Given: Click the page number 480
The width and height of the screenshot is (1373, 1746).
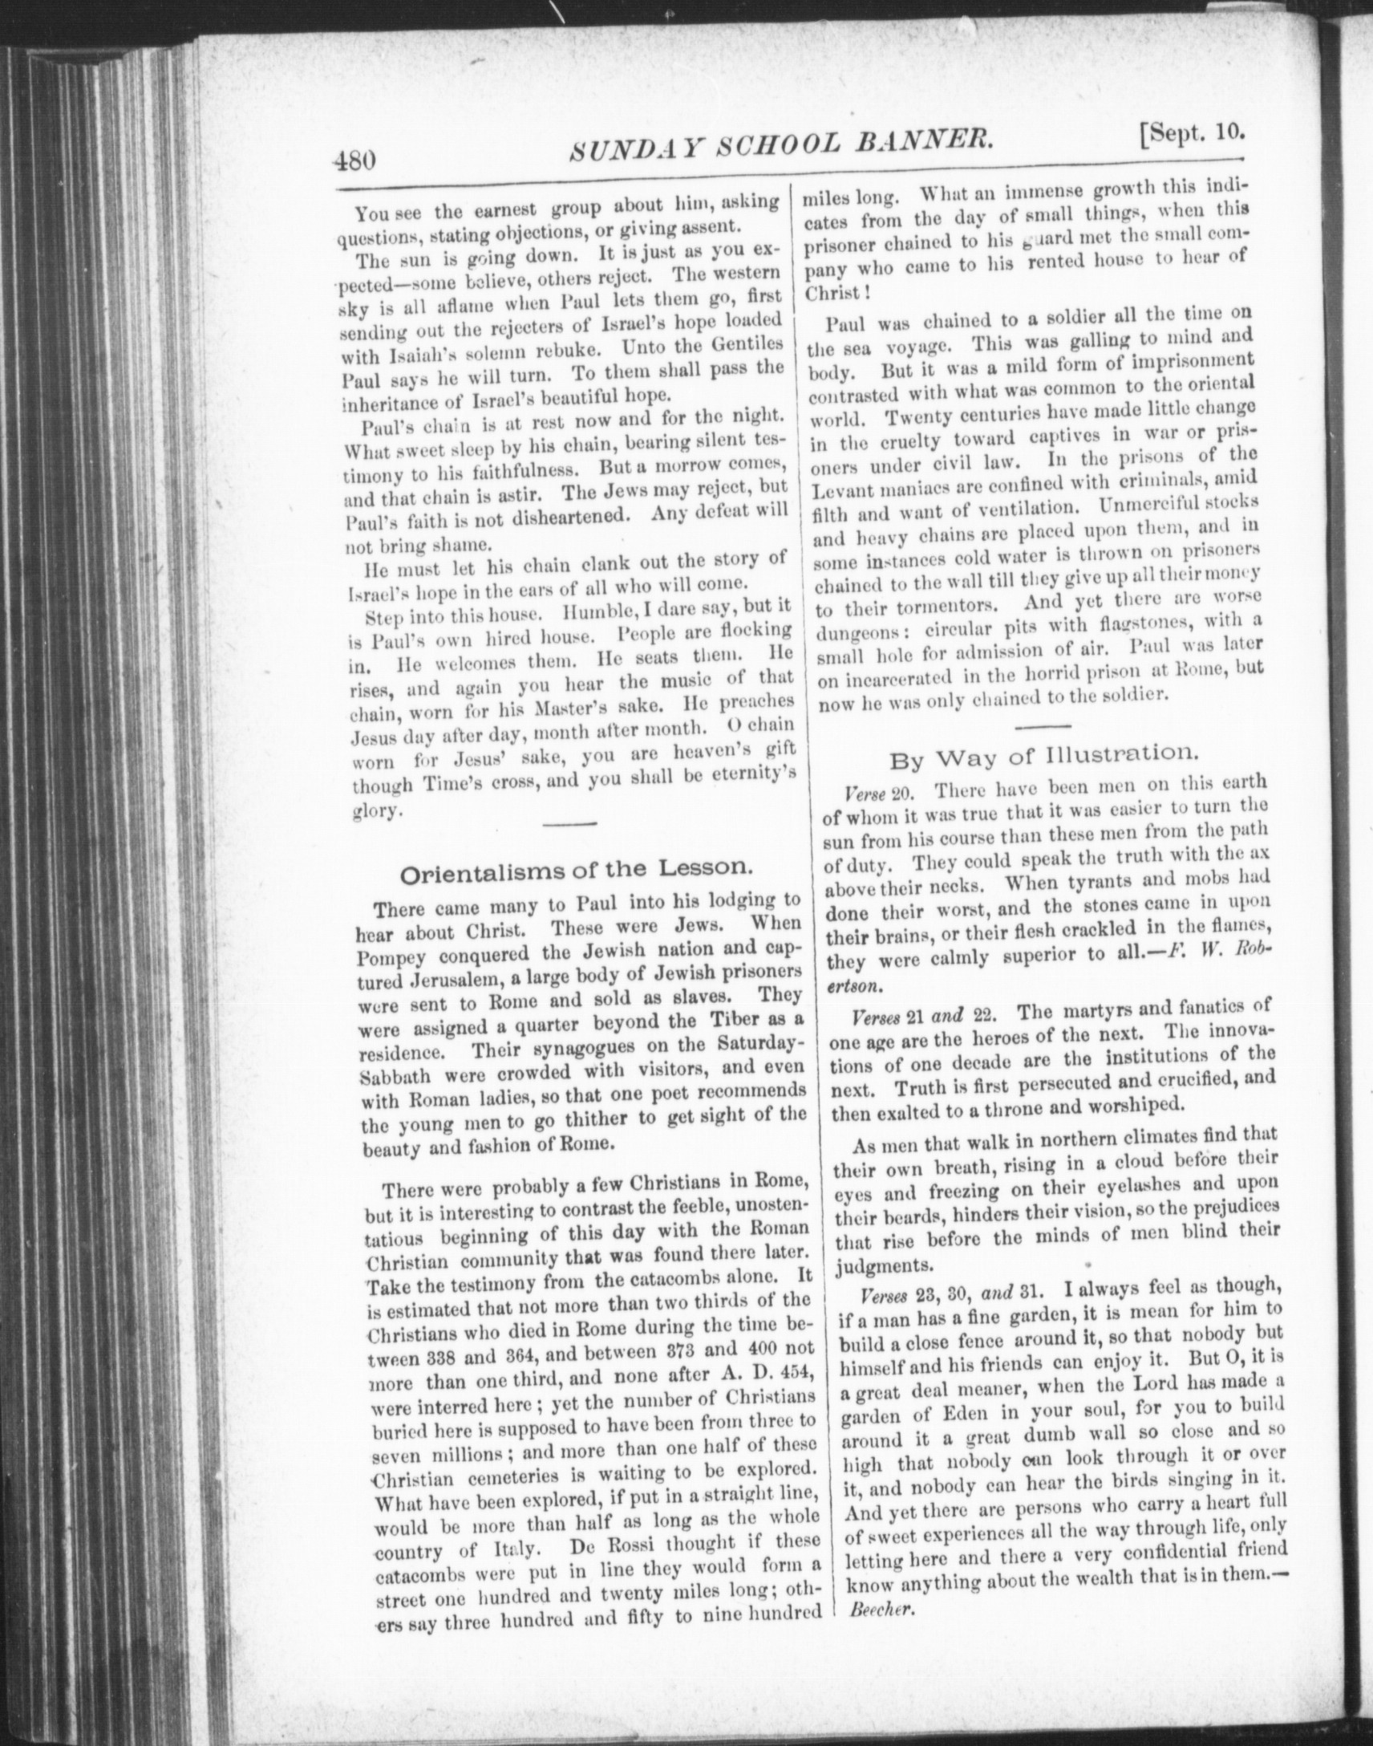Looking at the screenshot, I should pyautogui.click(x=354, y=159).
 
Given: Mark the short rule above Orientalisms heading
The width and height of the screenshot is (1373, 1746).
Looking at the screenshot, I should pyautogui.click(x=571, y=822).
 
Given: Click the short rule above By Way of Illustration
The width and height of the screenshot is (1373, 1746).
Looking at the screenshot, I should pyautogui.click(x=1041, y=726).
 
